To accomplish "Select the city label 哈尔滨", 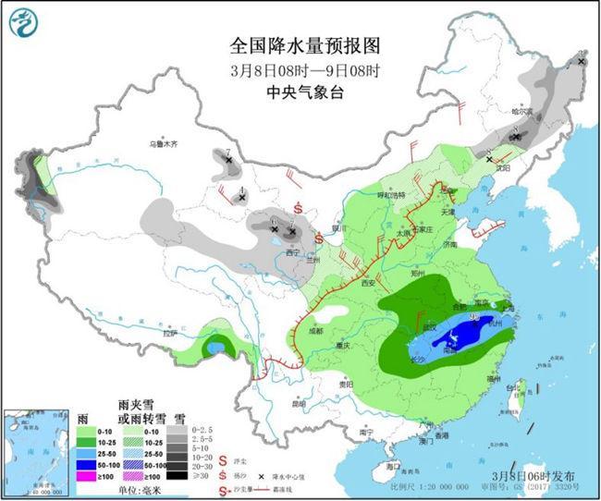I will pos(523,111).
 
